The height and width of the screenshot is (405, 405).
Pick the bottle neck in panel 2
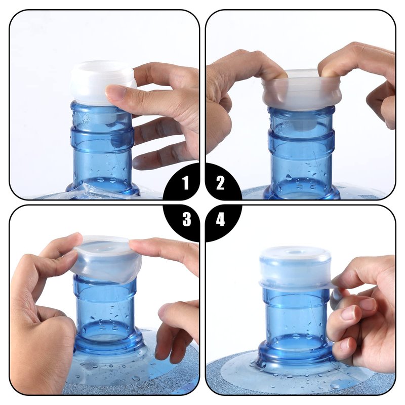coord(302,152)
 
